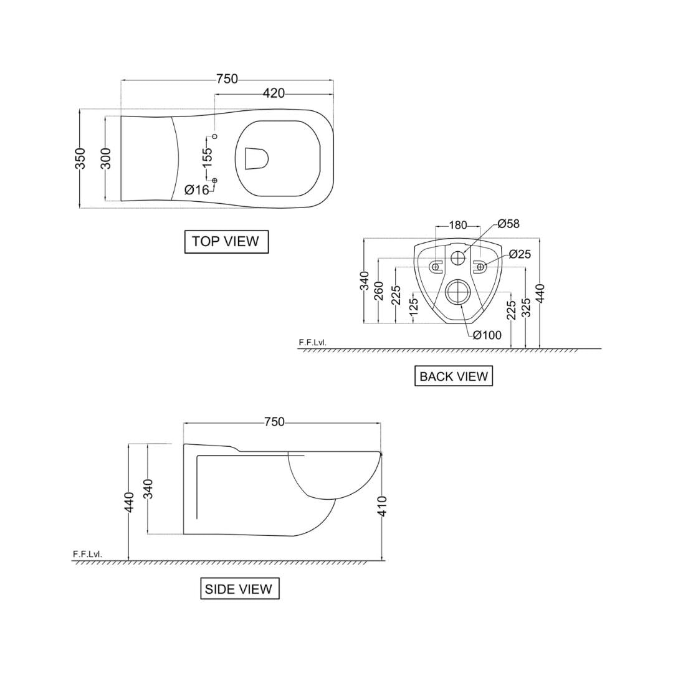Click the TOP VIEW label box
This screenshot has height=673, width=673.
pyautogui.click(x=226, y=242)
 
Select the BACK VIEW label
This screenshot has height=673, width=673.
pyautogui.click(x=453, y=376)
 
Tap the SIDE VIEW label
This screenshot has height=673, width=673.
pyautogui.click(x=239, y=589)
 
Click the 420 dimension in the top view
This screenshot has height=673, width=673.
pyautogui.click(x=274, y=93)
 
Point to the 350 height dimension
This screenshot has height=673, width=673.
pyautogui.click(x=80, y=160)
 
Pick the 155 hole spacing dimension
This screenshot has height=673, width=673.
pyautogui.click(x=208, y=155)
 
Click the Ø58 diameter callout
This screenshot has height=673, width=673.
pyautogui.click(x=508, y=224)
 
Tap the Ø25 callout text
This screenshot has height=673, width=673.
pyautogui.click(x=520, y=254)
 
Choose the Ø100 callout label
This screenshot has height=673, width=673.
pyautogui.click(x=487, y=336)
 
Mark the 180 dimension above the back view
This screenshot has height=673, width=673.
pyautogui.click(x=458, y=225)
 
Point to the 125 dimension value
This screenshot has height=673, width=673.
pyautogui.click(x=413, y=308)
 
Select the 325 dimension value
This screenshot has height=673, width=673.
pyautogui.click(x=526, y=308)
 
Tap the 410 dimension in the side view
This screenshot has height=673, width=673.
pyautogui.click(x=383, y=505)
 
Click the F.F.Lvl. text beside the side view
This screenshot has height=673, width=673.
pyautogui.click(x=87, y=553)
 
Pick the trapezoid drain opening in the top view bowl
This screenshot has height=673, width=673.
pyautogui.click(x=256, y=158)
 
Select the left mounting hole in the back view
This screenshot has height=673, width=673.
pyautogui.click(x=436, y=267)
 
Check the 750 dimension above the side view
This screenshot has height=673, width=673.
pyautogui.click(x=274, y=422)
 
